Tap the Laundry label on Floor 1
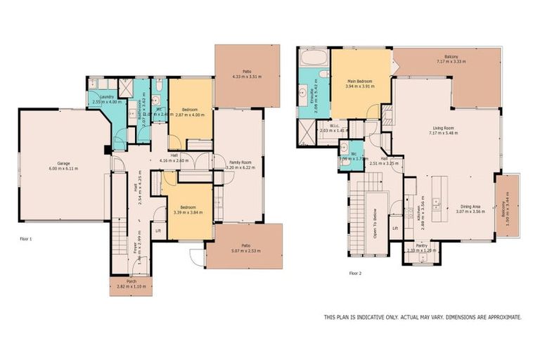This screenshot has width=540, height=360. pyautogui.click(x=107, y=96)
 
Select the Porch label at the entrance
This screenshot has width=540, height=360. pyautogui.click(x=130, y=281)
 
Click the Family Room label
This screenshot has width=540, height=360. pyautogui.click(x=240, y=162)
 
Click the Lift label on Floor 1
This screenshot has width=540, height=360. pyautogui.click(x=158, y=230)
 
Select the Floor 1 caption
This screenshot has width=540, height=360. pyautogui.click(x=26, y=239)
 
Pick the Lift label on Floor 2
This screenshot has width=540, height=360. pyautogui.click(x=395, y=228)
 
